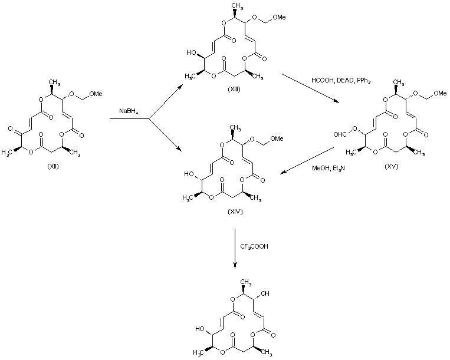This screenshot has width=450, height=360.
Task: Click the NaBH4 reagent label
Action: click(x=129, y=111)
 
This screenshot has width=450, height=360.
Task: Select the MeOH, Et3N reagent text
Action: click(x=326, y=169)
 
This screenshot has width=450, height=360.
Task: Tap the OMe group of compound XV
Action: click(x=438, y=91)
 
